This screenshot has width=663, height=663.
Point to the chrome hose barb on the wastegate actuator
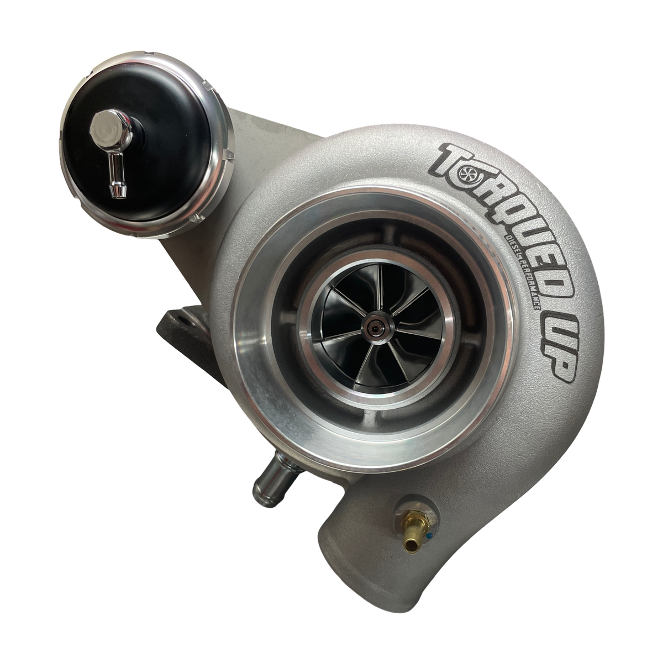click(x=116, y=178)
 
